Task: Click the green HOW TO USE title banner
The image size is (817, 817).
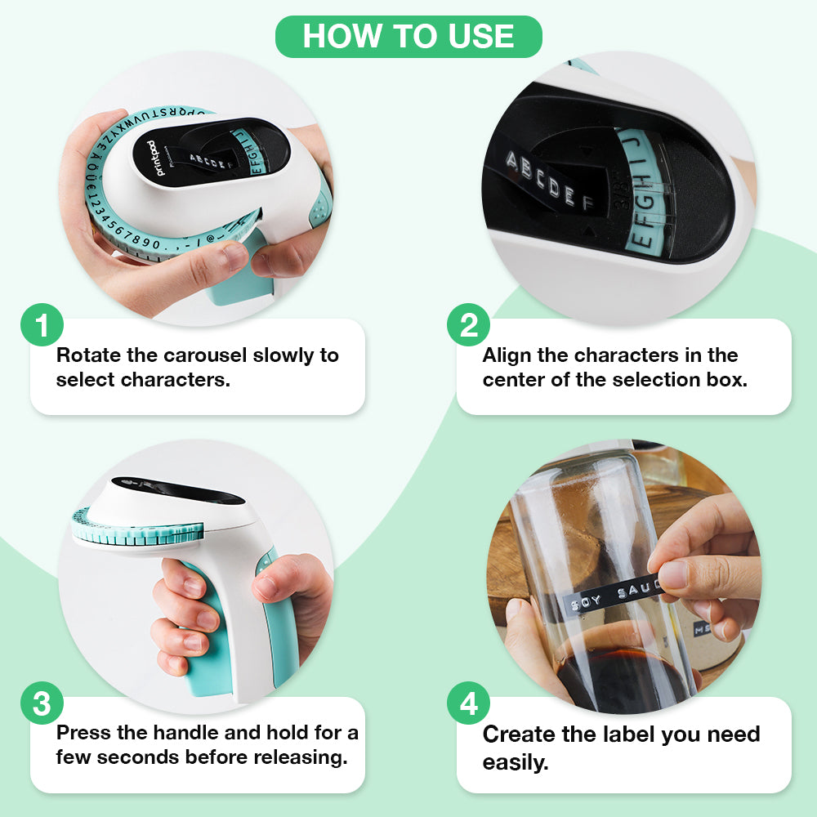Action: click(408, 37)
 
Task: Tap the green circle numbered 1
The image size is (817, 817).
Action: click(42, 325)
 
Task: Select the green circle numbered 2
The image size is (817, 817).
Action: click(468, 325)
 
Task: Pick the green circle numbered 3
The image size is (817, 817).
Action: click(42, 703)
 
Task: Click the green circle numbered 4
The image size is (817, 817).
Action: click(468, 703)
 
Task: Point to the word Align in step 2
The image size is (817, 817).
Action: click(507, 355)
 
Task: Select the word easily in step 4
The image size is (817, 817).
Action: click(516, 763)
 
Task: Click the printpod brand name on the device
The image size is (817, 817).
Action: click(150, 157)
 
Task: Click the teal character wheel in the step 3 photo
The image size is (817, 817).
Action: click(139, 531)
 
